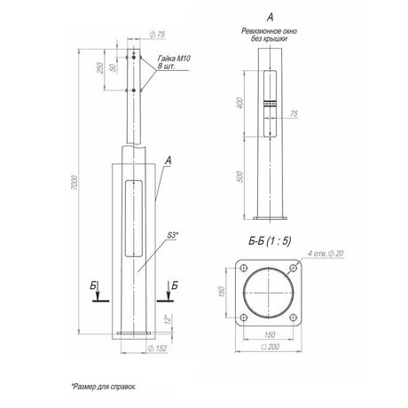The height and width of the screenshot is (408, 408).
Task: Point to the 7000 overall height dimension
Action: (x=78, y=182)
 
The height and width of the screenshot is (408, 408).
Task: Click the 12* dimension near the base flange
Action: (x=166, y=318)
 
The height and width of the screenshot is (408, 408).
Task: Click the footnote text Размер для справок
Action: (x=105, y=387)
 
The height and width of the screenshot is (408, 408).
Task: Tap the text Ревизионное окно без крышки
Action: (x=270, y=35)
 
